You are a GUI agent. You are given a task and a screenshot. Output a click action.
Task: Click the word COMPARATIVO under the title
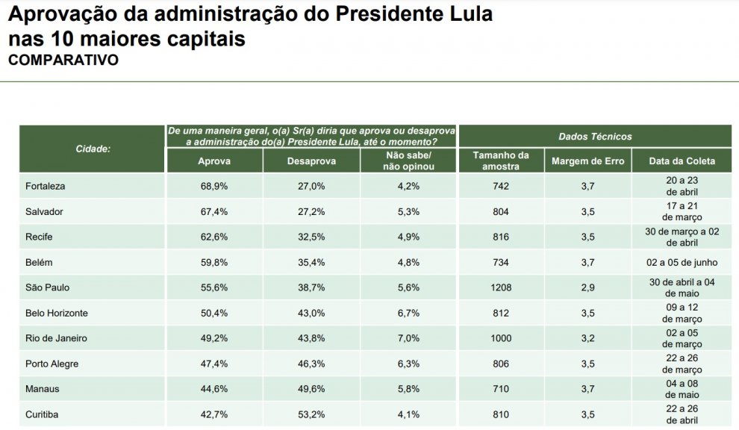pyautogui.click(x=63, y=60)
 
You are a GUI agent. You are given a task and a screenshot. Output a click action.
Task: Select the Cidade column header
pyautogui.click(x=93, y=149)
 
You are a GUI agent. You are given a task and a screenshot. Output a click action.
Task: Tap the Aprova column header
pyautogui.click(x=214, y=161)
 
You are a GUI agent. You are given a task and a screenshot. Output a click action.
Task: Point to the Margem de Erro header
pyautogui.click(x=587, y=161)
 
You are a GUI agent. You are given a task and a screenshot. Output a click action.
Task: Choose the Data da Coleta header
pyautogui.click(x=682, y=161)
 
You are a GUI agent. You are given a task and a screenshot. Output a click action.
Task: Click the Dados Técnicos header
pyautogui.click(x=595, y=137)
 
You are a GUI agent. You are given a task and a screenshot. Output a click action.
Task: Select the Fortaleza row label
pyautogui.click(x=46, y=186)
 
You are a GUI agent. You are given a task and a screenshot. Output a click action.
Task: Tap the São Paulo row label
pyautogui.click(x=47, y=287)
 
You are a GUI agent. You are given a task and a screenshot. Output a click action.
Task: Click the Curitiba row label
pyautogui.click(x=42, y=414)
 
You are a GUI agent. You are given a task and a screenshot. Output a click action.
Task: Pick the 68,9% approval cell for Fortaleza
pyautogui.click(x=214, y=186)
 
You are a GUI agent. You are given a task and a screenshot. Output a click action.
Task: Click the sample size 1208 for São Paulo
pyautogui.click(x=501, y=287)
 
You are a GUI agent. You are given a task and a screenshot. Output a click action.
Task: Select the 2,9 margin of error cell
pyautogui.click(x=587, y=287)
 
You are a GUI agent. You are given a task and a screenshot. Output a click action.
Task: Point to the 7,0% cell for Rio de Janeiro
pyautogui.click(x=409, y=338)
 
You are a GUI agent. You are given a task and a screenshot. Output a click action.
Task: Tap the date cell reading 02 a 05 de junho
pyautogui.click(x=682, y=262)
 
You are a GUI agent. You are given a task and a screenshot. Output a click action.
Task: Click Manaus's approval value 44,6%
pyautogui.click(x=214, y=389)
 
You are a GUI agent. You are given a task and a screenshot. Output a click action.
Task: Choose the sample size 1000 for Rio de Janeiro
pyautogui.click(x=501, y=338)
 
